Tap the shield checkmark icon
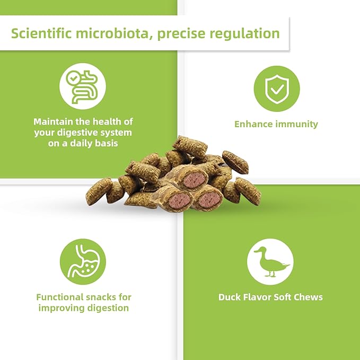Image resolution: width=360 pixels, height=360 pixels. (x=276, y=89)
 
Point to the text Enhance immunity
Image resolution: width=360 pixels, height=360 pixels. (x=276, y=124)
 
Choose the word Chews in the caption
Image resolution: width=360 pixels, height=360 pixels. (x=308, y=297)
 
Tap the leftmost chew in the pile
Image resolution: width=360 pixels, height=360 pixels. (x=99, y=189)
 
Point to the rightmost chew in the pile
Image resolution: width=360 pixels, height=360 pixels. (x=248, y=191)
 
